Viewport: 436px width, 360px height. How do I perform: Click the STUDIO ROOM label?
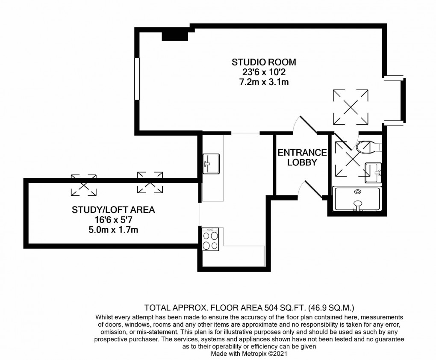click(264, 62)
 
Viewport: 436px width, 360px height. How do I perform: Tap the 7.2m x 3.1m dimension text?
click(264, 82)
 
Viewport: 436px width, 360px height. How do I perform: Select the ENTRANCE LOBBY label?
click(302, 157)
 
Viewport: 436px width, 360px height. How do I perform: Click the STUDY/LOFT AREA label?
click(113, 210)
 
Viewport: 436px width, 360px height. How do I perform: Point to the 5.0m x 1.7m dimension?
click(113, 230)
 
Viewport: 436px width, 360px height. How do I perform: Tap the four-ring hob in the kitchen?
click(210, 240)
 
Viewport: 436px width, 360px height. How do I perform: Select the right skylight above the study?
click(150, 182)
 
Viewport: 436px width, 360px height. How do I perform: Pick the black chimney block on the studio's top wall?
click(174, 35)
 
